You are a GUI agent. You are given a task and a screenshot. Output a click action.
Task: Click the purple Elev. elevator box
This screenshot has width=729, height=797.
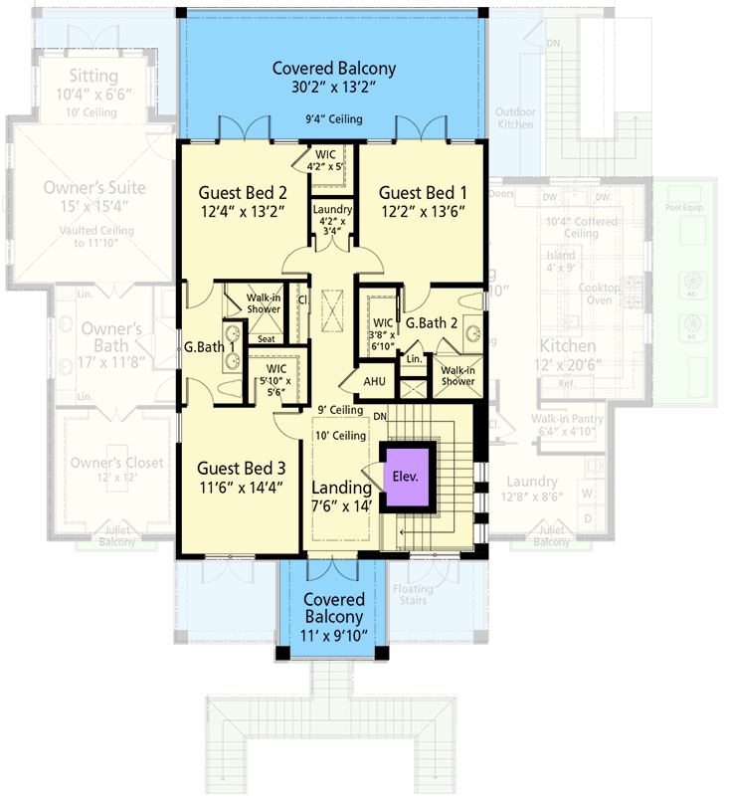(404, 476)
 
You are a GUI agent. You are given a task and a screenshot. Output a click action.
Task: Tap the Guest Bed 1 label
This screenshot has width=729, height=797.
(422, 193)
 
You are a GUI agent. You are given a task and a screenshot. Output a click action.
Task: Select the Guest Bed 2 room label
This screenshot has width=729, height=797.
(243, 193)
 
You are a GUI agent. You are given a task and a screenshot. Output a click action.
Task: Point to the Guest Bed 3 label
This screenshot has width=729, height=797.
(242, 468)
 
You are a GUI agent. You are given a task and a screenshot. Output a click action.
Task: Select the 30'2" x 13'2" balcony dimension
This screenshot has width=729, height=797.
(334, 88)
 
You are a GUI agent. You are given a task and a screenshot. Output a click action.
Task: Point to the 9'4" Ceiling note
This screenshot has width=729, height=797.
(334, 120)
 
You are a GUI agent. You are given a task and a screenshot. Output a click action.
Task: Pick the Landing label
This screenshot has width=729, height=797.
(341, 489)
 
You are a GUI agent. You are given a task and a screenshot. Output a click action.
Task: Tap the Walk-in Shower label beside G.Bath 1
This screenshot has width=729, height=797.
(264, 302)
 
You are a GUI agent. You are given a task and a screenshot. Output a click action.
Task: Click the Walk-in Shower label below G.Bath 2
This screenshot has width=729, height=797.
(456, 376)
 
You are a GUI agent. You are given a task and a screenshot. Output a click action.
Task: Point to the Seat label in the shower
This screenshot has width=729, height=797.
(266, 338)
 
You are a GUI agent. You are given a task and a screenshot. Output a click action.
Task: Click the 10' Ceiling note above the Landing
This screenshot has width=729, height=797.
(340, 434)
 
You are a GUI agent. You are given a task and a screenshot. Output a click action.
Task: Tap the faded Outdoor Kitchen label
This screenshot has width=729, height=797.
(515, 117)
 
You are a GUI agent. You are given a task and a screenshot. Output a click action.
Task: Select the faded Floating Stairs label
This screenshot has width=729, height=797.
(411, 595)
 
